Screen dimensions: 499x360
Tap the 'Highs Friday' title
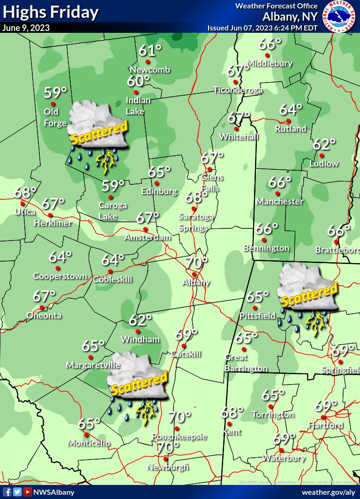[x=51, y=12]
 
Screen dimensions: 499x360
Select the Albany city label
[x=196, y=282]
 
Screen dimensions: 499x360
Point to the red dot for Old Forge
[x=53, y=104]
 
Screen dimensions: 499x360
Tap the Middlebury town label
[x=270, y=63]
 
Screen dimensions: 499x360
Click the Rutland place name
[x=291, y=129]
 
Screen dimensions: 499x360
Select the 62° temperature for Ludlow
[x=324, y=144]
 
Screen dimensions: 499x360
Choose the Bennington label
[x=267, y=248]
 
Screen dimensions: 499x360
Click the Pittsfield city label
[x=257, y=316]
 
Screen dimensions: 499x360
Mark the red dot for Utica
[x=22, y=204]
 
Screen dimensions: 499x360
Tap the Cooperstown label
[x=60, y=276]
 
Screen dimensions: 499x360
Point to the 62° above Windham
[x=140, y=320]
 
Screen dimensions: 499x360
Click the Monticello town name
[x=89, y=443]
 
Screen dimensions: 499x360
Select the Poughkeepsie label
[x=180, y=437]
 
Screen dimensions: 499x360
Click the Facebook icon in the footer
[x=7, y=492]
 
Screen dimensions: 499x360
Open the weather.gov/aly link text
[x=329, y=492]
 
